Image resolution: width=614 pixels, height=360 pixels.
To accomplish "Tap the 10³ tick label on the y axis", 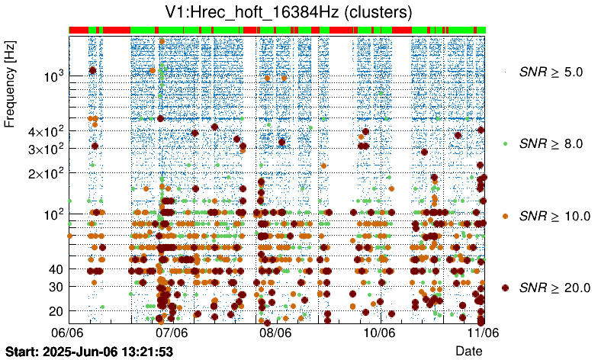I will (x=52, y=76).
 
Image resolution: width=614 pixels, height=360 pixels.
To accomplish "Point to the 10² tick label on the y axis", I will (x=52, y=214).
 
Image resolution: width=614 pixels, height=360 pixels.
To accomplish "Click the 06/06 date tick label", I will (x=67, y=333).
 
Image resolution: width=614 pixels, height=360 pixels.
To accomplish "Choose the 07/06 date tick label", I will (x=172, y=333).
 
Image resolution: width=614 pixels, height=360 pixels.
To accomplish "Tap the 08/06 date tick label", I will (x=275, y=333).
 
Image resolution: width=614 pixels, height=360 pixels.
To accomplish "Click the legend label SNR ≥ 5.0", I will (x=551, y=72).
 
